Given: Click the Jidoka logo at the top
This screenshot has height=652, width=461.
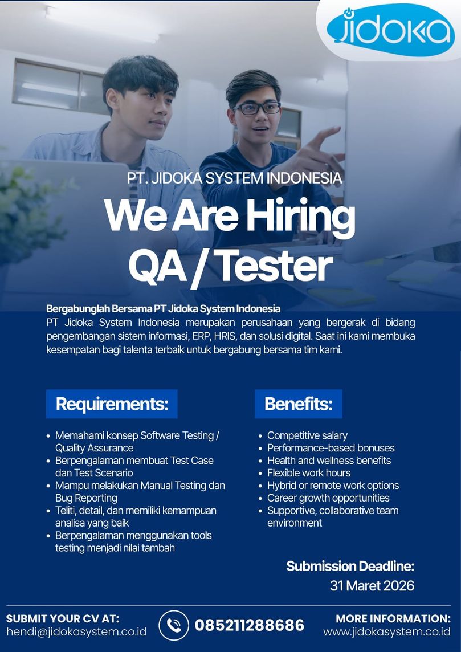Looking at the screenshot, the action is (390, 30).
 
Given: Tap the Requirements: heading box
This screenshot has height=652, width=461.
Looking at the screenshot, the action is (112, 404).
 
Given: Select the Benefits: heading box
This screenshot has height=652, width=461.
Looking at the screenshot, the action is (299, 404).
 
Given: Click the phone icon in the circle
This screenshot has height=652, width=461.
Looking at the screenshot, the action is (174, 625).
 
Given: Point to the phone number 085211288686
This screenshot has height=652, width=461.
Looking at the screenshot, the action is (250, 625).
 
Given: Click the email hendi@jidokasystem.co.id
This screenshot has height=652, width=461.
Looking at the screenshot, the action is (76, 631).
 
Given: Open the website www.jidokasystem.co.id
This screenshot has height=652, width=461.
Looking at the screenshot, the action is (386, 631).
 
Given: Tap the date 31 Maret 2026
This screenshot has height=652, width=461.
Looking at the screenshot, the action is (372, 585).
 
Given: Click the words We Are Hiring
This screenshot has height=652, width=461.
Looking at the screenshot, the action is (230, 215).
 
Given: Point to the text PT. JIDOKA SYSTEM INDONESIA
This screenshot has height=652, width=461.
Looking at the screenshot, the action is (234, 178).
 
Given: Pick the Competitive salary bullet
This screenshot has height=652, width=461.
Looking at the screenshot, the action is (307, 435).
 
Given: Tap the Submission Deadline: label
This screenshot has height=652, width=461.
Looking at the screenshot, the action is (350, 566).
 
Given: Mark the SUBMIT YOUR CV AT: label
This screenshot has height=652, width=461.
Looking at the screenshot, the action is (63, 618).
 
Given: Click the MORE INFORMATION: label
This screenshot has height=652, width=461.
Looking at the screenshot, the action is (393, 618).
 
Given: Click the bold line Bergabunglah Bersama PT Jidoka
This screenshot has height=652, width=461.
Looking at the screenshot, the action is (164, 309).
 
